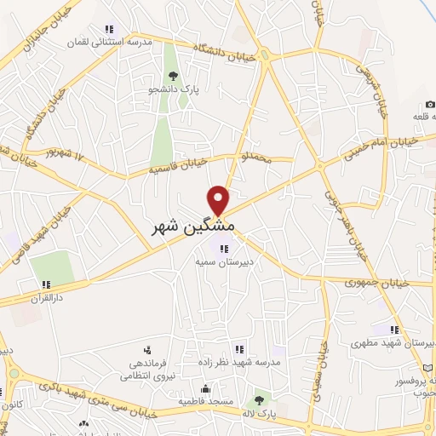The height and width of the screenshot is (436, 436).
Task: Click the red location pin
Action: [x=219, y=199]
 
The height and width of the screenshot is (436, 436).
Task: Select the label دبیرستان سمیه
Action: [x=224, y=262]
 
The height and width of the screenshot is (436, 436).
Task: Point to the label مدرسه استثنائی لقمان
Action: [x=107, y=40]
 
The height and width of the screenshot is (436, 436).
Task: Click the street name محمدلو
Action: [x=258, y=157]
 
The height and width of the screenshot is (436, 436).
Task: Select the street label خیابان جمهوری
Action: [x=378, y=282]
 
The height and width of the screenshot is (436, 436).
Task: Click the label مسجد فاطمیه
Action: [x=205, y=399]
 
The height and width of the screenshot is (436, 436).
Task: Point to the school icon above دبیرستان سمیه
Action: [x=224, y=249]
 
